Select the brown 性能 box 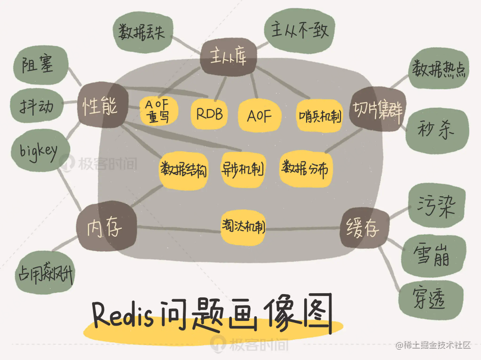coord(99,105)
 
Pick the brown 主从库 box coord(228,57)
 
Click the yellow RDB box coord(209,114)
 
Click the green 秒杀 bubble coord(437,129)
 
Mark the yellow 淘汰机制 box coord(243,227)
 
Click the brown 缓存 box coord(364,228)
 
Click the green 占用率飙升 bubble coord(46,272)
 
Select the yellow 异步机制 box coord(243,168)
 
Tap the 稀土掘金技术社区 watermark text coord(434,346)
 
